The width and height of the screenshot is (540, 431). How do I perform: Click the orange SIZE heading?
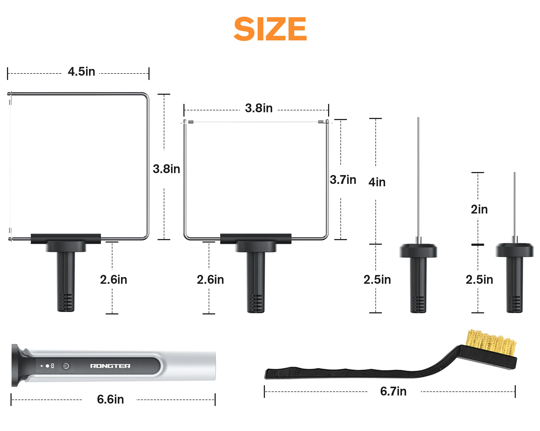click(270, 29)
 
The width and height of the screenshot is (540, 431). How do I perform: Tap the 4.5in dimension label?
click(81, 72)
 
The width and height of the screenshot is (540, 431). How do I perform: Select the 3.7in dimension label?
click(343, 180)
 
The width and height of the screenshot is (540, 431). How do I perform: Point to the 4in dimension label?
click(377, 182)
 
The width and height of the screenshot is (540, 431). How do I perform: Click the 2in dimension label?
click(479, 209)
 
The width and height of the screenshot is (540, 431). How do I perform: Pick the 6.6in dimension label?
click(110, 399)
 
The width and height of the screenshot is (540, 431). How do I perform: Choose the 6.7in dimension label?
click(393, 391)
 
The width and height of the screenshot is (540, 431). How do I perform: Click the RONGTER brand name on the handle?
click(110, 366)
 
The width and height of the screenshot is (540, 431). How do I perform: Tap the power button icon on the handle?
click(66, 366)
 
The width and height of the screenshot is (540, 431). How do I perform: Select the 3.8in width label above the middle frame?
click(259, 108)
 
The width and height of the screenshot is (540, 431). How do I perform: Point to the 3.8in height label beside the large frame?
click(166, 169)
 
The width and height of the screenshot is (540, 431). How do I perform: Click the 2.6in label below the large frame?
click(113, 279)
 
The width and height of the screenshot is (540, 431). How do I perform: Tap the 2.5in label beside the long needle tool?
click(377, 279)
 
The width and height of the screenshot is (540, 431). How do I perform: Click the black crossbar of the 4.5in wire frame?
click(66, 239)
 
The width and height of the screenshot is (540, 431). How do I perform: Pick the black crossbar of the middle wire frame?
click(255, 239)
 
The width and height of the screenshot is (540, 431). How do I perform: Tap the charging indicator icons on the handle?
click(47, 366)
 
